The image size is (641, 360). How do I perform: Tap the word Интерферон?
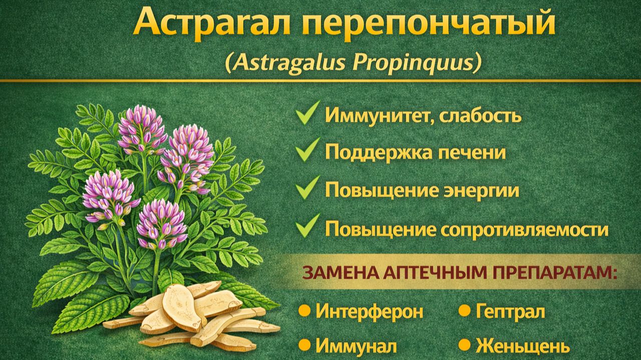[370, 311]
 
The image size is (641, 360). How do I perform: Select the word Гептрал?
[510, 311]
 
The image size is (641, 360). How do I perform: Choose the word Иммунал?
[357, 346]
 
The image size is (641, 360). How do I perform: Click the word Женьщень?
[522, 346]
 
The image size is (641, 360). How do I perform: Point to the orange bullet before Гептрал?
[465, 311]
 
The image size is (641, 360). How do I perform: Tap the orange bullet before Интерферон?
[303, 311]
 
